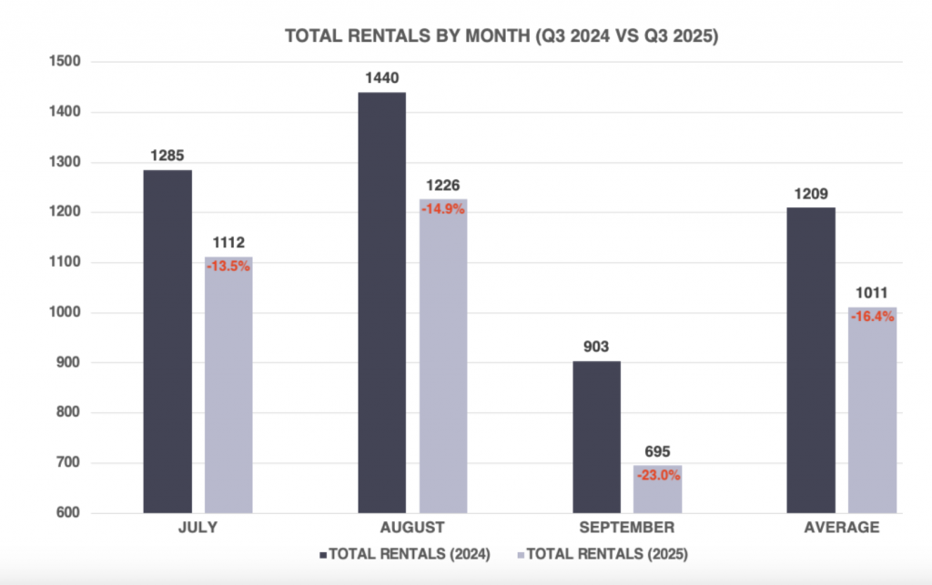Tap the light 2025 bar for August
point(443,364)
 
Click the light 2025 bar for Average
point(872,414)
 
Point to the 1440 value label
point(381,78)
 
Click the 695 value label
point(657,452)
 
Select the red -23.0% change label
point(657,475)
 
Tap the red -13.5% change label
point(228,267)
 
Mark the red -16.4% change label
point(872,317)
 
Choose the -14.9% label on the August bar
point(443,208)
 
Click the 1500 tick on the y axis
point(66,62)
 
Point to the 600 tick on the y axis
point(69,513)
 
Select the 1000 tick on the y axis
point(66,313)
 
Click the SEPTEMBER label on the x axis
point(628,528)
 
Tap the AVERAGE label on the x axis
point(843,528)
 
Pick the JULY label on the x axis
point(198,528)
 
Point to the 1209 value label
point(811,194)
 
